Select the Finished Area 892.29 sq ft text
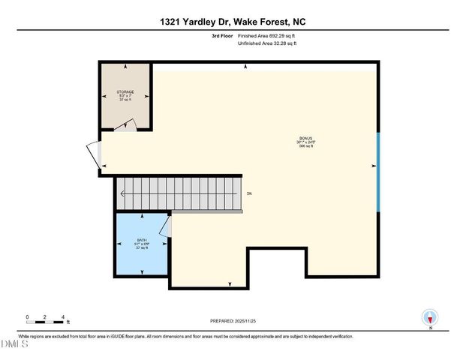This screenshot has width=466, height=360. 267,35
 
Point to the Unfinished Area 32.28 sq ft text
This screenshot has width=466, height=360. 267,44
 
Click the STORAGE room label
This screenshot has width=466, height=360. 125,91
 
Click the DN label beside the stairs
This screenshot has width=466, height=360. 249,194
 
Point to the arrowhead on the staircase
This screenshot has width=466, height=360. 122,194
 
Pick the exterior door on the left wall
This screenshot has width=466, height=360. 93,155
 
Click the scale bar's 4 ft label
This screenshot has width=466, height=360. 63,316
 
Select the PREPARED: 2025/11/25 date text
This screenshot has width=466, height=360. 233,319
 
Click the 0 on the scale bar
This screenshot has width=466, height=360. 27,316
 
